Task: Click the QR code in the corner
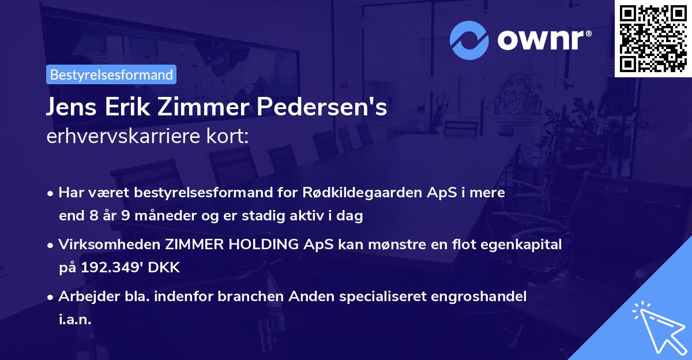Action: pos(653,39)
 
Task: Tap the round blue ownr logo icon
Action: pos(469,40)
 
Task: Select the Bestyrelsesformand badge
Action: pos(111,74)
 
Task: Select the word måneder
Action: pos(153,216)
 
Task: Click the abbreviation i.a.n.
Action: pos(75,320)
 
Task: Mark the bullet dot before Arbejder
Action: pos(52,297)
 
